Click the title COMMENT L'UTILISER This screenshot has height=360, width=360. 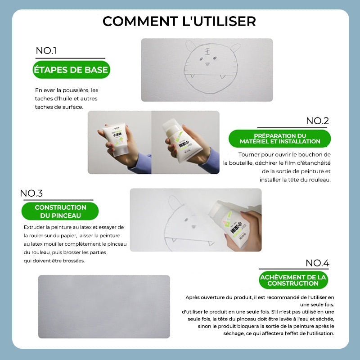[179, 21]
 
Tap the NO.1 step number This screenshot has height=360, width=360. [46, 50]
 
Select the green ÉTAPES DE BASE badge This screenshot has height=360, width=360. [71, 70]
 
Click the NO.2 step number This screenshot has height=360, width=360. [318, 121]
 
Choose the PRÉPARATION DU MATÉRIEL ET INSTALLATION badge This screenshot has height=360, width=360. [280, 139]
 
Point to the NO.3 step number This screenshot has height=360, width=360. [31, 193]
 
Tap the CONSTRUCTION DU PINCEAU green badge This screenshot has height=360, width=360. [60, 211]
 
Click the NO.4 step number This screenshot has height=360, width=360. [318, 263]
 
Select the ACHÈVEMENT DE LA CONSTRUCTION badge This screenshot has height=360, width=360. [293, 280]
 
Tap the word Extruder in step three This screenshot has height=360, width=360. [34, 227]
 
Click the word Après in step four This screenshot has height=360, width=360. [193, 297]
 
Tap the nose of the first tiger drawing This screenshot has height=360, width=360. [207, 64]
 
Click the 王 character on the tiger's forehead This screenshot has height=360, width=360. [207, 52]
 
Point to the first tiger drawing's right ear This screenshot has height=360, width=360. [234, 48]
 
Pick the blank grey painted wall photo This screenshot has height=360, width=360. [104, 306]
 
